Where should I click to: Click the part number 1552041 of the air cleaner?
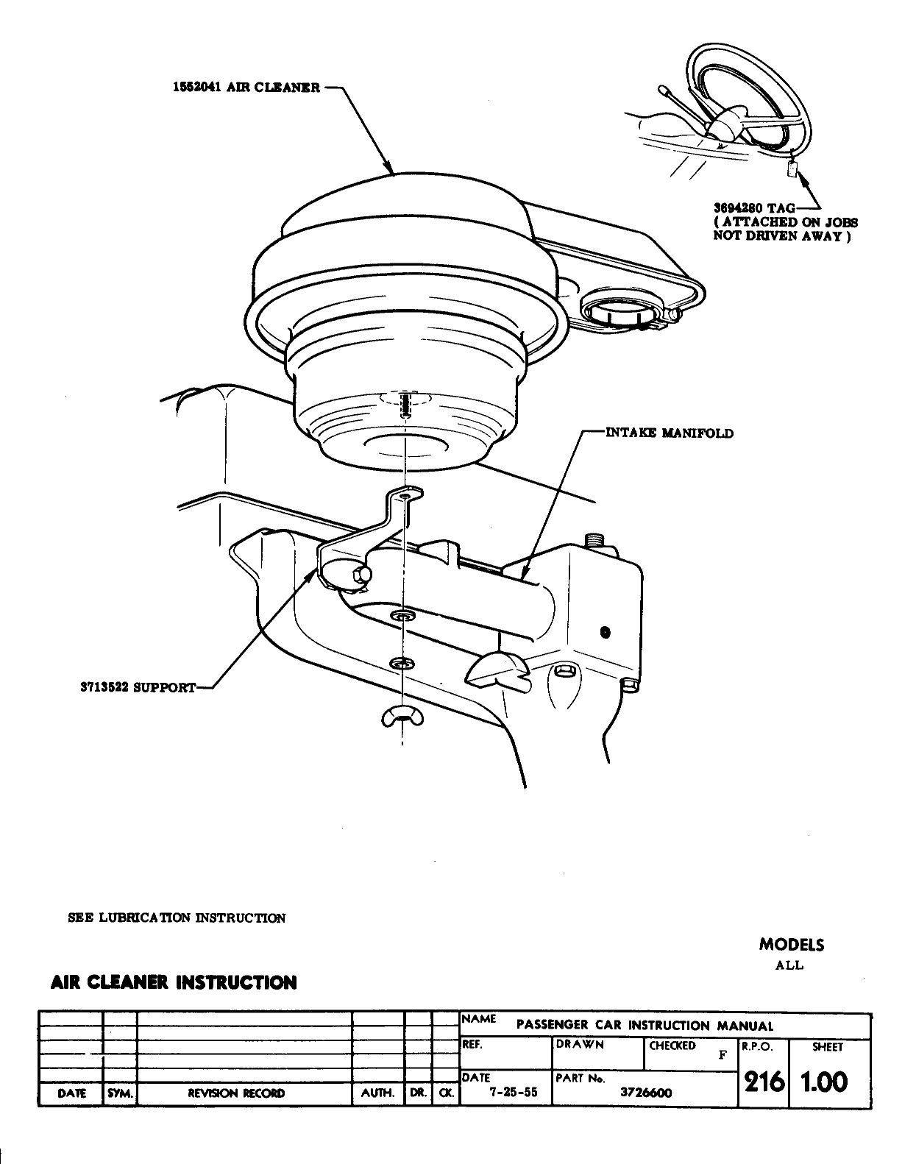point(195,88)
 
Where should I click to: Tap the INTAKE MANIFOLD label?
point(669,433)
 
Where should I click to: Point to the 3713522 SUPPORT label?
point(138,687)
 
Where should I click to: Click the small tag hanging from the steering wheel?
point(792,168)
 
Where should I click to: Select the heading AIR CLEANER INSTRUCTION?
point(174,982)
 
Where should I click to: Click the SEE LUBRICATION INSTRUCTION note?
point(177,918)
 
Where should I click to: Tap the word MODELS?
point(792,945)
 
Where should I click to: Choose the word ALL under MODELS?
point(789,965)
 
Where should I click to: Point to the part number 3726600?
point(646,1093)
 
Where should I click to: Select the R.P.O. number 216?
point(763,1082)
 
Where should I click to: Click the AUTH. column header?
point(378,1093)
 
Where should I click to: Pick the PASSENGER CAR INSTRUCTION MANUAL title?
point(645,1025)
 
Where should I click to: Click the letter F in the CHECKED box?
point(722,1055)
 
